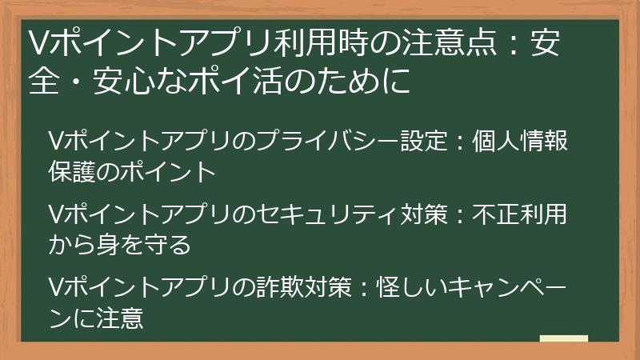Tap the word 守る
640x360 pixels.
(x=170, y=245)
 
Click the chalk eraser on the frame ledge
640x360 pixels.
(x=563, y=339)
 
